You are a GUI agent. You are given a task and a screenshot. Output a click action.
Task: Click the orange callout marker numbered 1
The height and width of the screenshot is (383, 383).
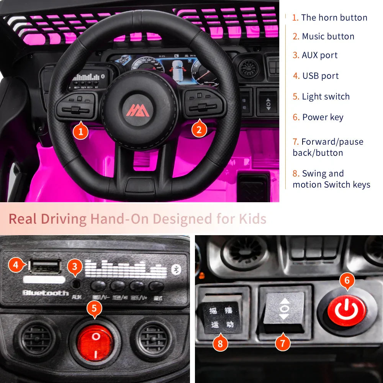(80, 132)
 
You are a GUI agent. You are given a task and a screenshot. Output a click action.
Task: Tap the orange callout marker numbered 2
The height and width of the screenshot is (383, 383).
(199, 130)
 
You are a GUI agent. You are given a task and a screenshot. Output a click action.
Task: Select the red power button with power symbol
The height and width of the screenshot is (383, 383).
(347, 311)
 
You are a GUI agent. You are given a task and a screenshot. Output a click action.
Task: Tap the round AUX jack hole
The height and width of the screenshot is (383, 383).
(77, 283)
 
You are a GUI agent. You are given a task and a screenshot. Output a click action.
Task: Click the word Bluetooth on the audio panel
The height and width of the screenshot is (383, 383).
(45, 293)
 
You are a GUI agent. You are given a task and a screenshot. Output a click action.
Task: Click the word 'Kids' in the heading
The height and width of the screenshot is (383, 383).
(252, 219)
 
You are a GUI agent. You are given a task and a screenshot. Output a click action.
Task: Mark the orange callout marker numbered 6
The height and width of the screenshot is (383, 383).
(347, 280)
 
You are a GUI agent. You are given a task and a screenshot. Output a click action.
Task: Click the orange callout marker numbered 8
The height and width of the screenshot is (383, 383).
(220, 344)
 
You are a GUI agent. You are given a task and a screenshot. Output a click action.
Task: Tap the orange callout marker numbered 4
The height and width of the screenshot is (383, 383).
(15, 265)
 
